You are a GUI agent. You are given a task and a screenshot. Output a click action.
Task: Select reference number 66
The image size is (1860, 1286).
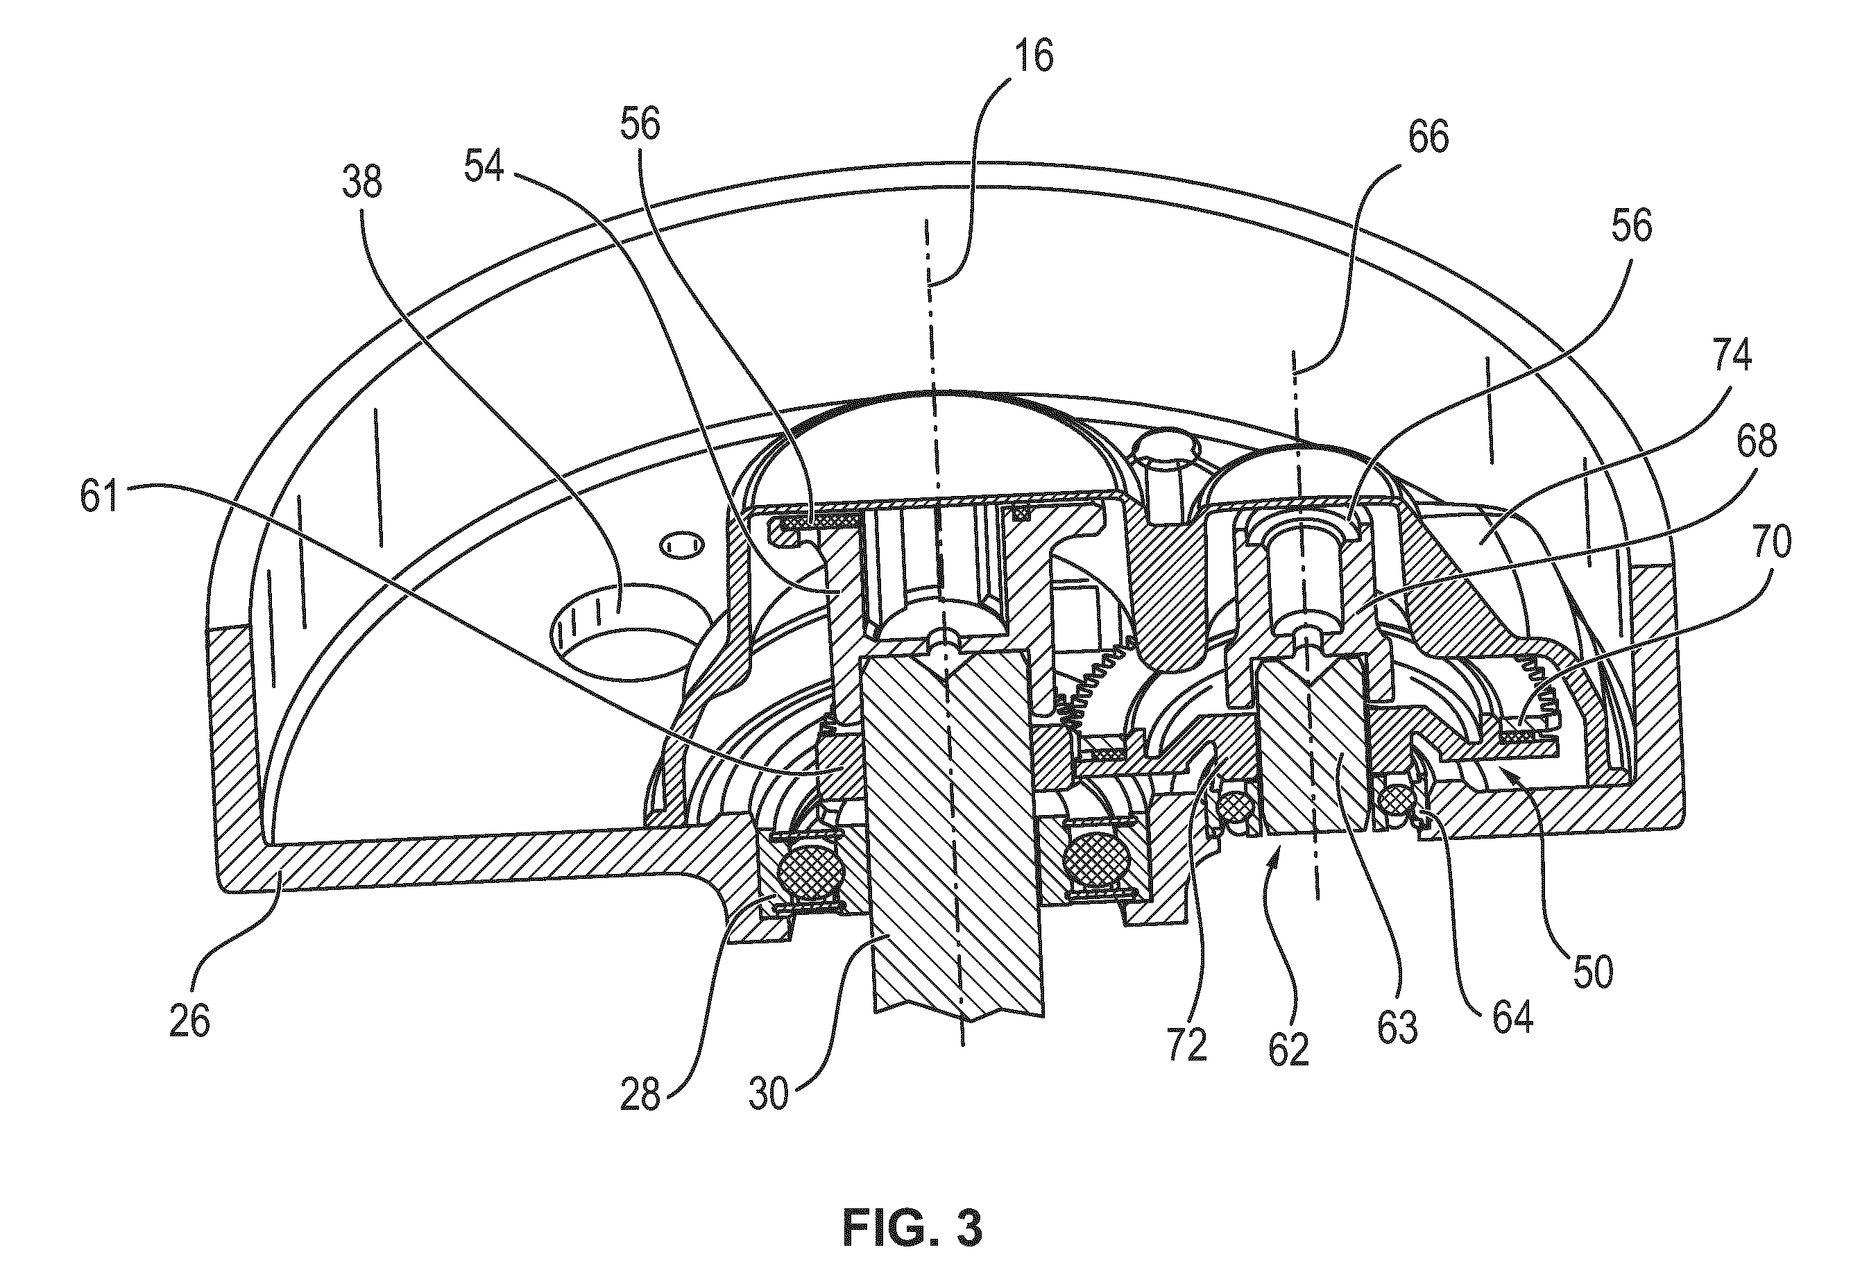tap(1429, 137)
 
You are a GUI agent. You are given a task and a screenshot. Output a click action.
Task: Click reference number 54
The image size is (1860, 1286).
tap(484, 166)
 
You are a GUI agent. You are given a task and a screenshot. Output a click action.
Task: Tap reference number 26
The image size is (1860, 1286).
tap(190, 1021)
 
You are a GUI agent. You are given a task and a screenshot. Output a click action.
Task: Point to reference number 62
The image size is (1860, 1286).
tap(1288, 1049)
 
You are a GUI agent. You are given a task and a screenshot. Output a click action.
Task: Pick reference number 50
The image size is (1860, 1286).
tap(1594, 972)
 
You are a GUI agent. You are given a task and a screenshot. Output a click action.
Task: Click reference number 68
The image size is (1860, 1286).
tap(1757, 442)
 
